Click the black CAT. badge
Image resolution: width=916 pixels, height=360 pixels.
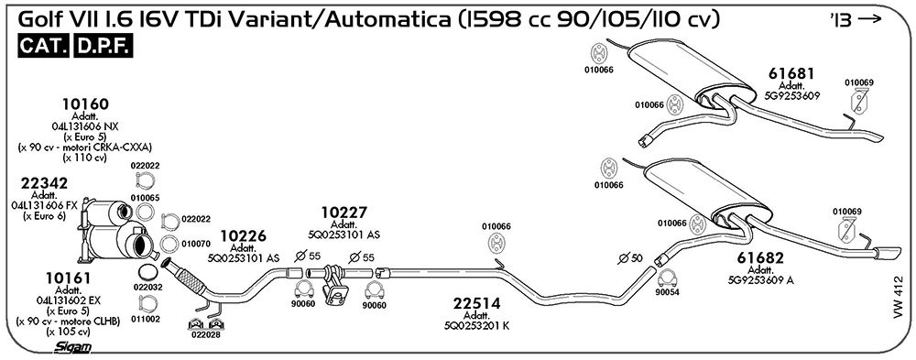tap(44, 46)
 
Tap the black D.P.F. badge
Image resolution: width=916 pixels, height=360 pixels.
tap(104, 46)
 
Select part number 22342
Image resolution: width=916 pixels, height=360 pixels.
tap(44, 183)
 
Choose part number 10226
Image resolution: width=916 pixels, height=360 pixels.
tap(243, 236)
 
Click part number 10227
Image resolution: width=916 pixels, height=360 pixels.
tap(344, 213)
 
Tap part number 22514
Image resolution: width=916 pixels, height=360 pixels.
tap(476, 303)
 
